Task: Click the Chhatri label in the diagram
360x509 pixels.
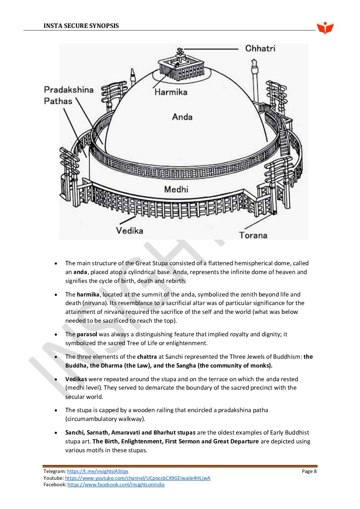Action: tap(260, 49)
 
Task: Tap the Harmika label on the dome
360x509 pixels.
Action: tap(171, 92)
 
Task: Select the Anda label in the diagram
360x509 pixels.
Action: tap(182, 117)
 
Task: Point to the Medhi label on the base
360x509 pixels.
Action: tap(176, 189)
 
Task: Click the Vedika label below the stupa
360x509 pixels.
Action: tap(129, 231)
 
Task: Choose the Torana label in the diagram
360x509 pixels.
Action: tap(253, 235)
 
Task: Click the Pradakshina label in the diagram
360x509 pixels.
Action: tap(69, 90)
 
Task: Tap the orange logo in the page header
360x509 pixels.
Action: tap(325, 28)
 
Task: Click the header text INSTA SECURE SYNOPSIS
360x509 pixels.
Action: tap(81, 26)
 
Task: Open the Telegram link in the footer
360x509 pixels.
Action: tap(98, 471)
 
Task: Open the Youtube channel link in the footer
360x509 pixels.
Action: tap(137, 478)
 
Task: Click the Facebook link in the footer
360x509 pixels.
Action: tap(116, 485)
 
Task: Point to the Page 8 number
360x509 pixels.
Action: tap(309, 471)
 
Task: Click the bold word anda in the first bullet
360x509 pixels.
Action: tap(80, 272)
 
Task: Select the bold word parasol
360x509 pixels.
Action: tap(87, 334)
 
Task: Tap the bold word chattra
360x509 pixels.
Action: tap(147, 357)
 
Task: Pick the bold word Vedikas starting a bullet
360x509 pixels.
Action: tap(76, 379)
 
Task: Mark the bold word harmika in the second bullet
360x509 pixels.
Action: tap(88, 294)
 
